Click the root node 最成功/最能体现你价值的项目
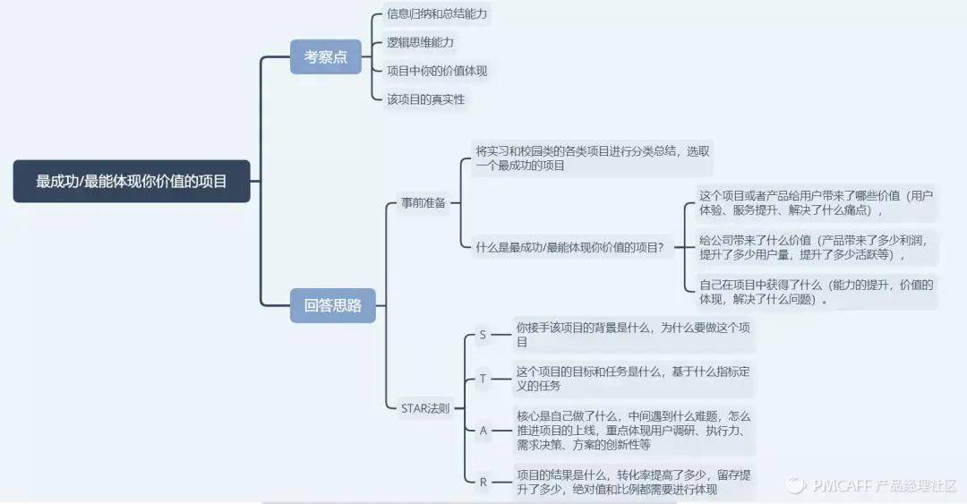(132, 182)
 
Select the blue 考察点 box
(326, 56)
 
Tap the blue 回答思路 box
(332, 305)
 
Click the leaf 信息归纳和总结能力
(437, 13)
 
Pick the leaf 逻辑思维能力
(420, 43)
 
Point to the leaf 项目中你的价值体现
(437, 71)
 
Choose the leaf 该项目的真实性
(425, 99)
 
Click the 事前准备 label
(423, 202)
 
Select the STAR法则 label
(425, 408)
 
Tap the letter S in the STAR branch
(483, 335)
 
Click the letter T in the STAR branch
(483, 379)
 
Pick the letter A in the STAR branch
(483, 431)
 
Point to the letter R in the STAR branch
(483, 483)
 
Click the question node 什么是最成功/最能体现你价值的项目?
(569, 248)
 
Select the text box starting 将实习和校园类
(592, 158)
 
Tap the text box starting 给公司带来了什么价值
(817, 247)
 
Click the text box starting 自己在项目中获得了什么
(817, 292)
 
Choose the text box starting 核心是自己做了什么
(633, 431)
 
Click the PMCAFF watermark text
(873, 485)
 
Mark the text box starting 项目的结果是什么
(633, 483)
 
